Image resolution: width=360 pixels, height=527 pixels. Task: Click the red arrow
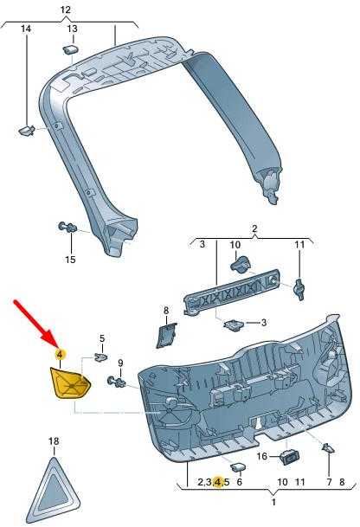(x=36, y=324)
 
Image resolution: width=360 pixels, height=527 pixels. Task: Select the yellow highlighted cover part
(x=69, y=383)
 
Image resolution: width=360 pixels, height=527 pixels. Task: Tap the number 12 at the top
(x=66, y=10)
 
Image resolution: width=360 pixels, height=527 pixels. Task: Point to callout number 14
(x=26, y=29)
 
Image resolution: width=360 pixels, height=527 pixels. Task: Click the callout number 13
(x=73, y=29)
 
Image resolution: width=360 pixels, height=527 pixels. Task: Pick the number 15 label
(x=70, y=260)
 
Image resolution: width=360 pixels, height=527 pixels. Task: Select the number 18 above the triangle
(x=54, y=440)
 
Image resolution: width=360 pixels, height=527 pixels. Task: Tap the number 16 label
(x=262, y=456)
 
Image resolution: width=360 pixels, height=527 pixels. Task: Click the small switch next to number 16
(x=289, y=457)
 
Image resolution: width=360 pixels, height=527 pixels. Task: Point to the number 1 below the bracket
(x=273, y=502)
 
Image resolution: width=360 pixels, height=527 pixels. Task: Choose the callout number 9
(x=120, y=363)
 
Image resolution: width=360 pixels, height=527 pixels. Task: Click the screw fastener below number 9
(x=116, y=382)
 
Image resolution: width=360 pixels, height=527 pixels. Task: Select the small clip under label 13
(x=71, y=49)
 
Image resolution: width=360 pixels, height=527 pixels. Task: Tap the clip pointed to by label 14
(x=26, y=131)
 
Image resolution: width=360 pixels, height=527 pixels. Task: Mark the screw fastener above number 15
(x=67, y=228)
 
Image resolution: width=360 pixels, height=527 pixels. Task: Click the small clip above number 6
(x=238, y=466)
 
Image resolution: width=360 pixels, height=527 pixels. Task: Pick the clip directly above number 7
(x=328, y=447)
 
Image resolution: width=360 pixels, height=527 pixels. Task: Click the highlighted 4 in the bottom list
(x=219, y=482)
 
